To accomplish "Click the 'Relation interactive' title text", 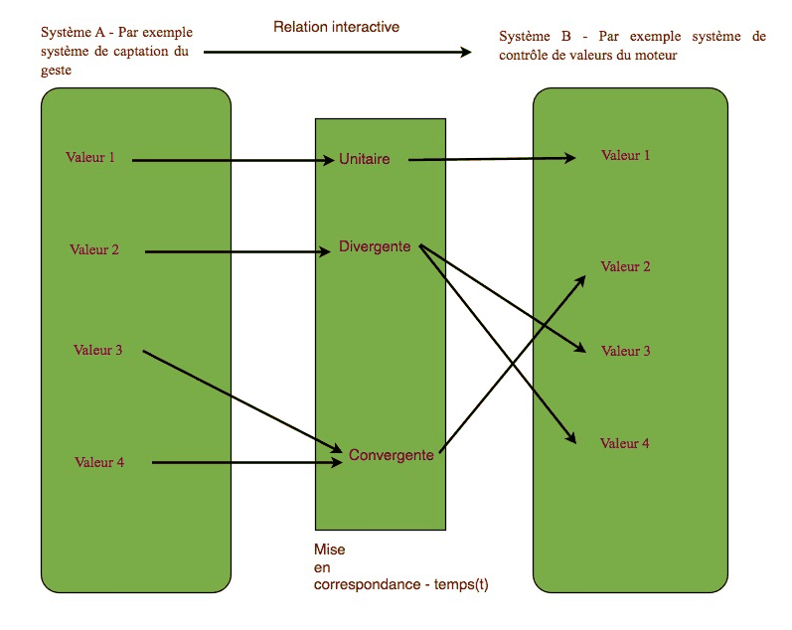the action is coord(337,27).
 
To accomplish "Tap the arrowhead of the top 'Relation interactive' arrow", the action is coord(466,52).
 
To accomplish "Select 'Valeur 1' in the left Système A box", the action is coord(90,157).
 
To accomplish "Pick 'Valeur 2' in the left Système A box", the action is coord(94,249).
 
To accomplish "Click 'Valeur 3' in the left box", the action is coord(98,350).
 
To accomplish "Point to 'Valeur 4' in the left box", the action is coord(99,462).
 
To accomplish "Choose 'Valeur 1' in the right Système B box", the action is coord(625,155).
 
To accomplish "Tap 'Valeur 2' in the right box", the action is coord(625,266).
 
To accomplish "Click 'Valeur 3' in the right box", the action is coord(626,351).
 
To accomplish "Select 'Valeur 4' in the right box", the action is coord(625,443).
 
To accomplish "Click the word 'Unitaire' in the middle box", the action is coord(364,159).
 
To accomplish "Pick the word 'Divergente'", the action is coord(375,246).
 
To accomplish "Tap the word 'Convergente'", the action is coord(392,455).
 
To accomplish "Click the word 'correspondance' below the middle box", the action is coord(368,584).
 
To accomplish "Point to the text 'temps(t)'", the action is coord(461,584).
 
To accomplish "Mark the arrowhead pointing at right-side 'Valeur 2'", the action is coord(580,280).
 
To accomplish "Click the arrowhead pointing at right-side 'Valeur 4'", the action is coord(571,437).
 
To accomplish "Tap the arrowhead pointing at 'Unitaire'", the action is coord(329,160).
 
